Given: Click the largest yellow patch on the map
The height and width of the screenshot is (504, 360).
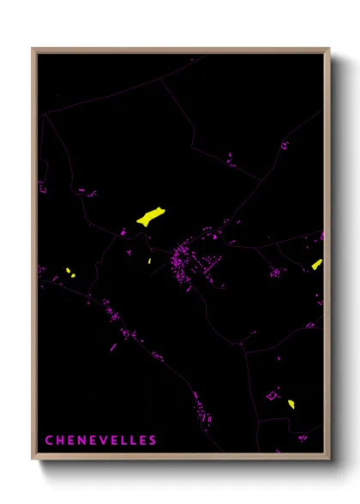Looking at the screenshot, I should (150, 216).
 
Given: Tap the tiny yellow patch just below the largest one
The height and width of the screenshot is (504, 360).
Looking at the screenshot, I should (149, 261).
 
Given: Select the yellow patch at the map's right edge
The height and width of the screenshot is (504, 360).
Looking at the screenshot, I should (317, 264).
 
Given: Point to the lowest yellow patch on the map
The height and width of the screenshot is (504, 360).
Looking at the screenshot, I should (291, 404).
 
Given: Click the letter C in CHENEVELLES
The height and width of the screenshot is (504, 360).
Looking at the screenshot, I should (49, 441).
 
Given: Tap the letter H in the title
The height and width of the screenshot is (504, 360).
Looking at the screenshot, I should (60, 441).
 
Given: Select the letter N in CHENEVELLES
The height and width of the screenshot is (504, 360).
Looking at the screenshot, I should (83, 441).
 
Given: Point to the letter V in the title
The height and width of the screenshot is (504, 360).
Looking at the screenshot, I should (106, 441).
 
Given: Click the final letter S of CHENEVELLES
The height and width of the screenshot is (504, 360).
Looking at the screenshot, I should (153, 441).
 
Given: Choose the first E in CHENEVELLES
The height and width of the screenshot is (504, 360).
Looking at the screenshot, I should (71, 441).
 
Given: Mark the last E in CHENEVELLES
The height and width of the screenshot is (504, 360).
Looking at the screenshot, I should (141, 441).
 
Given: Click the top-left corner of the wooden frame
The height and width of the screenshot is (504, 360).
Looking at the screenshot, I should (33, 49).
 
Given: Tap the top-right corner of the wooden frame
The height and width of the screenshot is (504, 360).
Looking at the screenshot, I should (328, 49).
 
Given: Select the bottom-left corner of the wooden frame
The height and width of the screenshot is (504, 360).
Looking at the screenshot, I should (33, 459).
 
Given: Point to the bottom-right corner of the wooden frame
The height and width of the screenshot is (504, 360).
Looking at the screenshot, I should (328, 459).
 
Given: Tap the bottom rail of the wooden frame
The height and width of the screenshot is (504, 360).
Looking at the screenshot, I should (180, 457).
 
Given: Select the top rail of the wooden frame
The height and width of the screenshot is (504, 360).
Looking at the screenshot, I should (180, 50).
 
